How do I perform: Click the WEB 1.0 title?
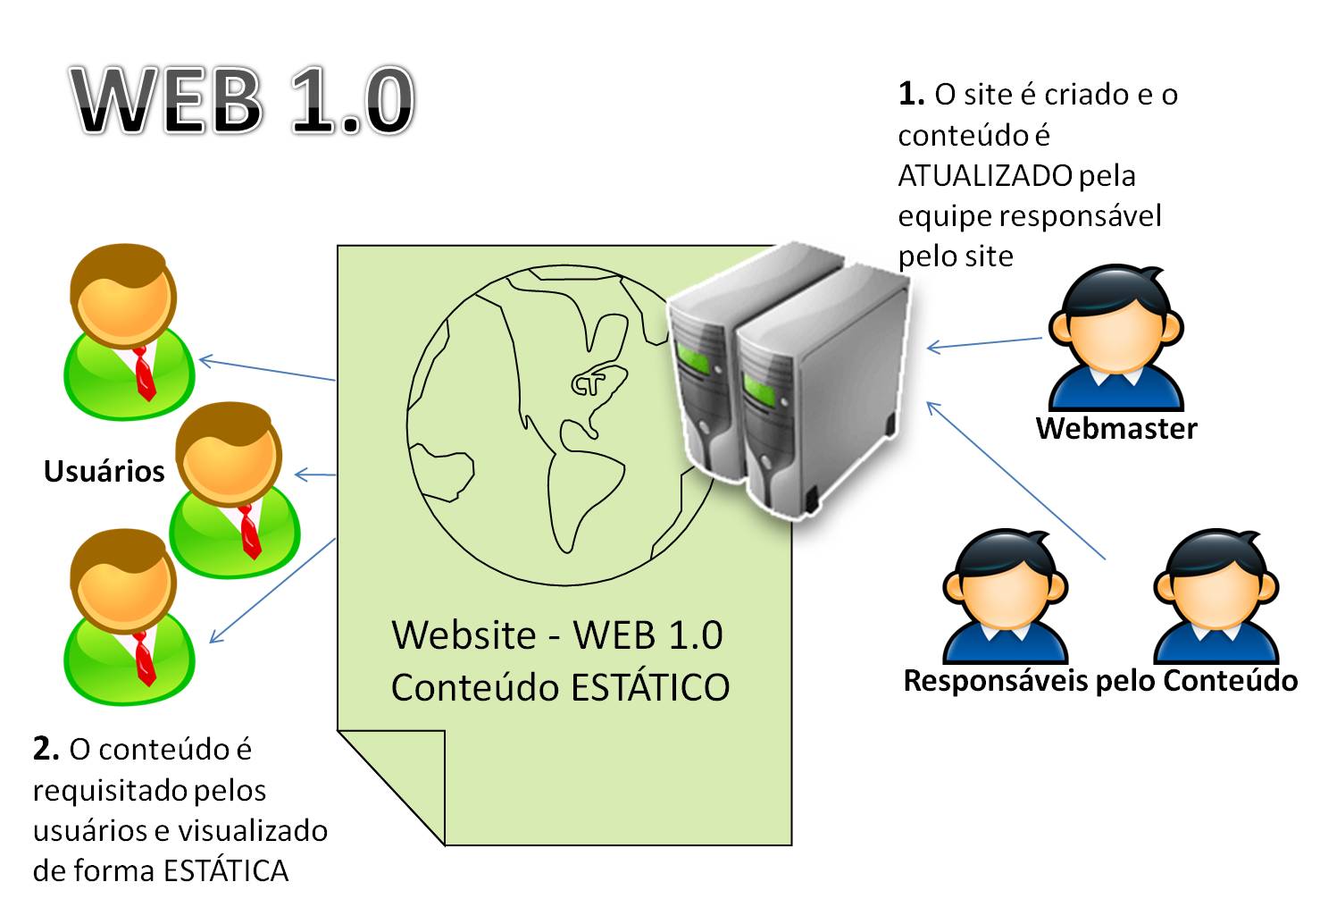[242, 100]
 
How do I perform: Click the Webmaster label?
[1115, 428]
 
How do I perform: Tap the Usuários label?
[104, 471]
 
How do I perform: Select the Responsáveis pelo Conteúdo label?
[1100, 681]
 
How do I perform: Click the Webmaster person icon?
[1115, 340]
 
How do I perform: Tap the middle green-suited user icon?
[233, 491]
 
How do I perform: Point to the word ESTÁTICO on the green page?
[650, 688]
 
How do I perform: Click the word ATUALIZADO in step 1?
[984, 176]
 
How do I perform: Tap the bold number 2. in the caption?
[46, 749]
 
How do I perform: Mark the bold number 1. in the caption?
[911, 94]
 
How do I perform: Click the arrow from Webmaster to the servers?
[984, 343]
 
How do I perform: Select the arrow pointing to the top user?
[267, 370]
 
